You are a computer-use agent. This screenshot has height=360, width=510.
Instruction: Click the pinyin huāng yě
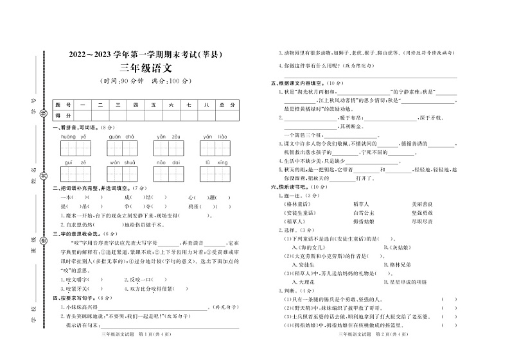click(73, 137)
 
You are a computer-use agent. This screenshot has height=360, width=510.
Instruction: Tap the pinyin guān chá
click(121, 137)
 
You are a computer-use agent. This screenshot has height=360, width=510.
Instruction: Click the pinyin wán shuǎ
click(121, 163)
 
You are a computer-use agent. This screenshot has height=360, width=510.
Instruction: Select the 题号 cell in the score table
click(62, 105)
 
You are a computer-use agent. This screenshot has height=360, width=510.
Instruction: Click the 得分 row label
click(62, 116)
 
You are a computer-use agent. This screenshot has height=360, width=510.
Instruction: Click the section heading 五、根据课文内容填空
click(299, 83)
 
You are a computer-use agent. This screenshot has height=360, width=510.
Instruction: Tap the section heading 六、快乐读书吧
click(294, 186)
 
